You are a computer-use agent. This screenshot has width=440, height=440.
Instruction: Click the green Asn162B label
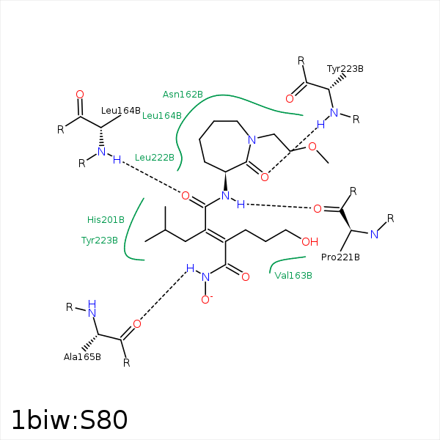point(183,95)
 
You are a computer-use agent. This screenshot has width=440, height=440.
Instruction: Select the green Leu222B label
point(155,158)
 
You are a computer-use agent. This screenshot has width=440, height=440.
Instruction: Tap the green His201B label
point(106,220)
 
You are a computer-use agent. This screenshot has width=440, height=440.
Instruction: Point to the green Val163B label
point(293,276)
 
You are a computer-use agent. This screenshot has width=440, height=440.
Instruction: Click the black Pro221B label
point(340,257)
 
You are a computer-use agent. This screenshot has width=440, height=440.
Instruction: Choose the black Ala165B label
point(82,357)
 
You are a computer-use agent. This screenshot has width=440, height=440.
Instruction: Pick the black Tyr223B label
point(345,69)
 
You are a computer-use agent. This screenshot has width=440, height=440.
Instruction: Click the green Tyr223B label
point(100,241)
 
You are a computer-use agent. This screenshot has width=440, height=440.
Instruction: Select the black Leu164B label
point(121,111)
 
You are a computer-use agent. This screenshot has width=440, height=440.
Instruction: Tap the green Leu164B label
point(162,116)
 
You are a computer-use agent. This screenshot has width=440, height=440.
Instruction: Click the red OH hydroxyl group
point(309,241)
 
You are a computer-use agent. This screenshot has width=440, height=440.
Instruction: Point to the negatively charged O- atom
point(207,300)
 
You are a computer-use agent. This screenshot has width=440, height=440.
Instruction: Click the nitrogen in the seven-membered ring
point(252,140)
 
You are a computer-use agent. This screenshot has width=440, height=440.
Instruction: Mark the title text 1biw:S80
point(70,419)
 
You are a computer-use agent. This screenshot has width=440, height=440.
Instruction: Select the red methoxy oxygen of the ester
point(312,146)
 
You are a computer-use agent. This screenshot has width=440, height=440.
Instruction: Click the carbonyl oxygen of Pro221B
point(318,209)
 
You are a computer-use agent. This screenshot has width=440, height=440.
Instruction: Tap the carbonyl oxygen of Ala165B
point(137,324)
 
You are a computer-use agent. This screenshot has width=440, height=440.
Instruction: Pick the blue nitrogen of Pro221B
point(374,235)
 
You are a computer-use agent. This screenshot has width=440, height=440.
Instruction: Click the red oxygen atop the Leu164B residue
point(80,95)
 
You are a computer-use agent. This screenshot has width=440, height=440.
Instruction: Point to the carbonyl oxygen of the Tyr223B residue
point(290,98)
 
